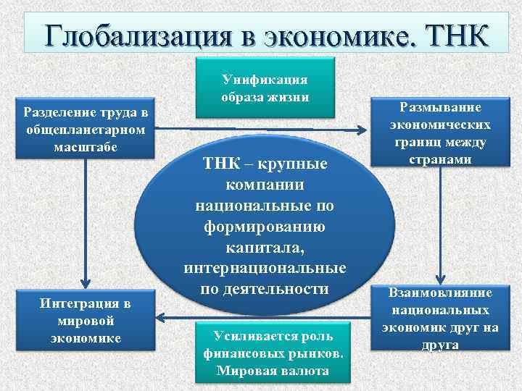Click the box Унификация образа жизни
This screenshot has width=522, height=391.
pos(265,88)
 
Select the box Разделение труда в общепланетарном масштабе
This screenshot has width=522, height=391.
pos(86,130)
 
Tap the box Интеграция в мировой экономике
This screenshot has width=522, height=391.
pos(86,319)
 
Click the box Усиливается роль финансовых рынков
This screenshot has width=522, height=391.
pos(273,353)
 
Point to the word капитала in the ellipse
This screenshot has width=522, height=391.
pos(265,248)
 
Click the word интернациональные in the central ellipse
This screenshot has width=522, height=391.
pos(265,269)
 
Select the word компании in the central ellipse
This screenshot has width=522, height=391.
pos(265,185)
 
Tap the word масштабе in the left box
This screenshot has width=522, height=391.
pos(86,147)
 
